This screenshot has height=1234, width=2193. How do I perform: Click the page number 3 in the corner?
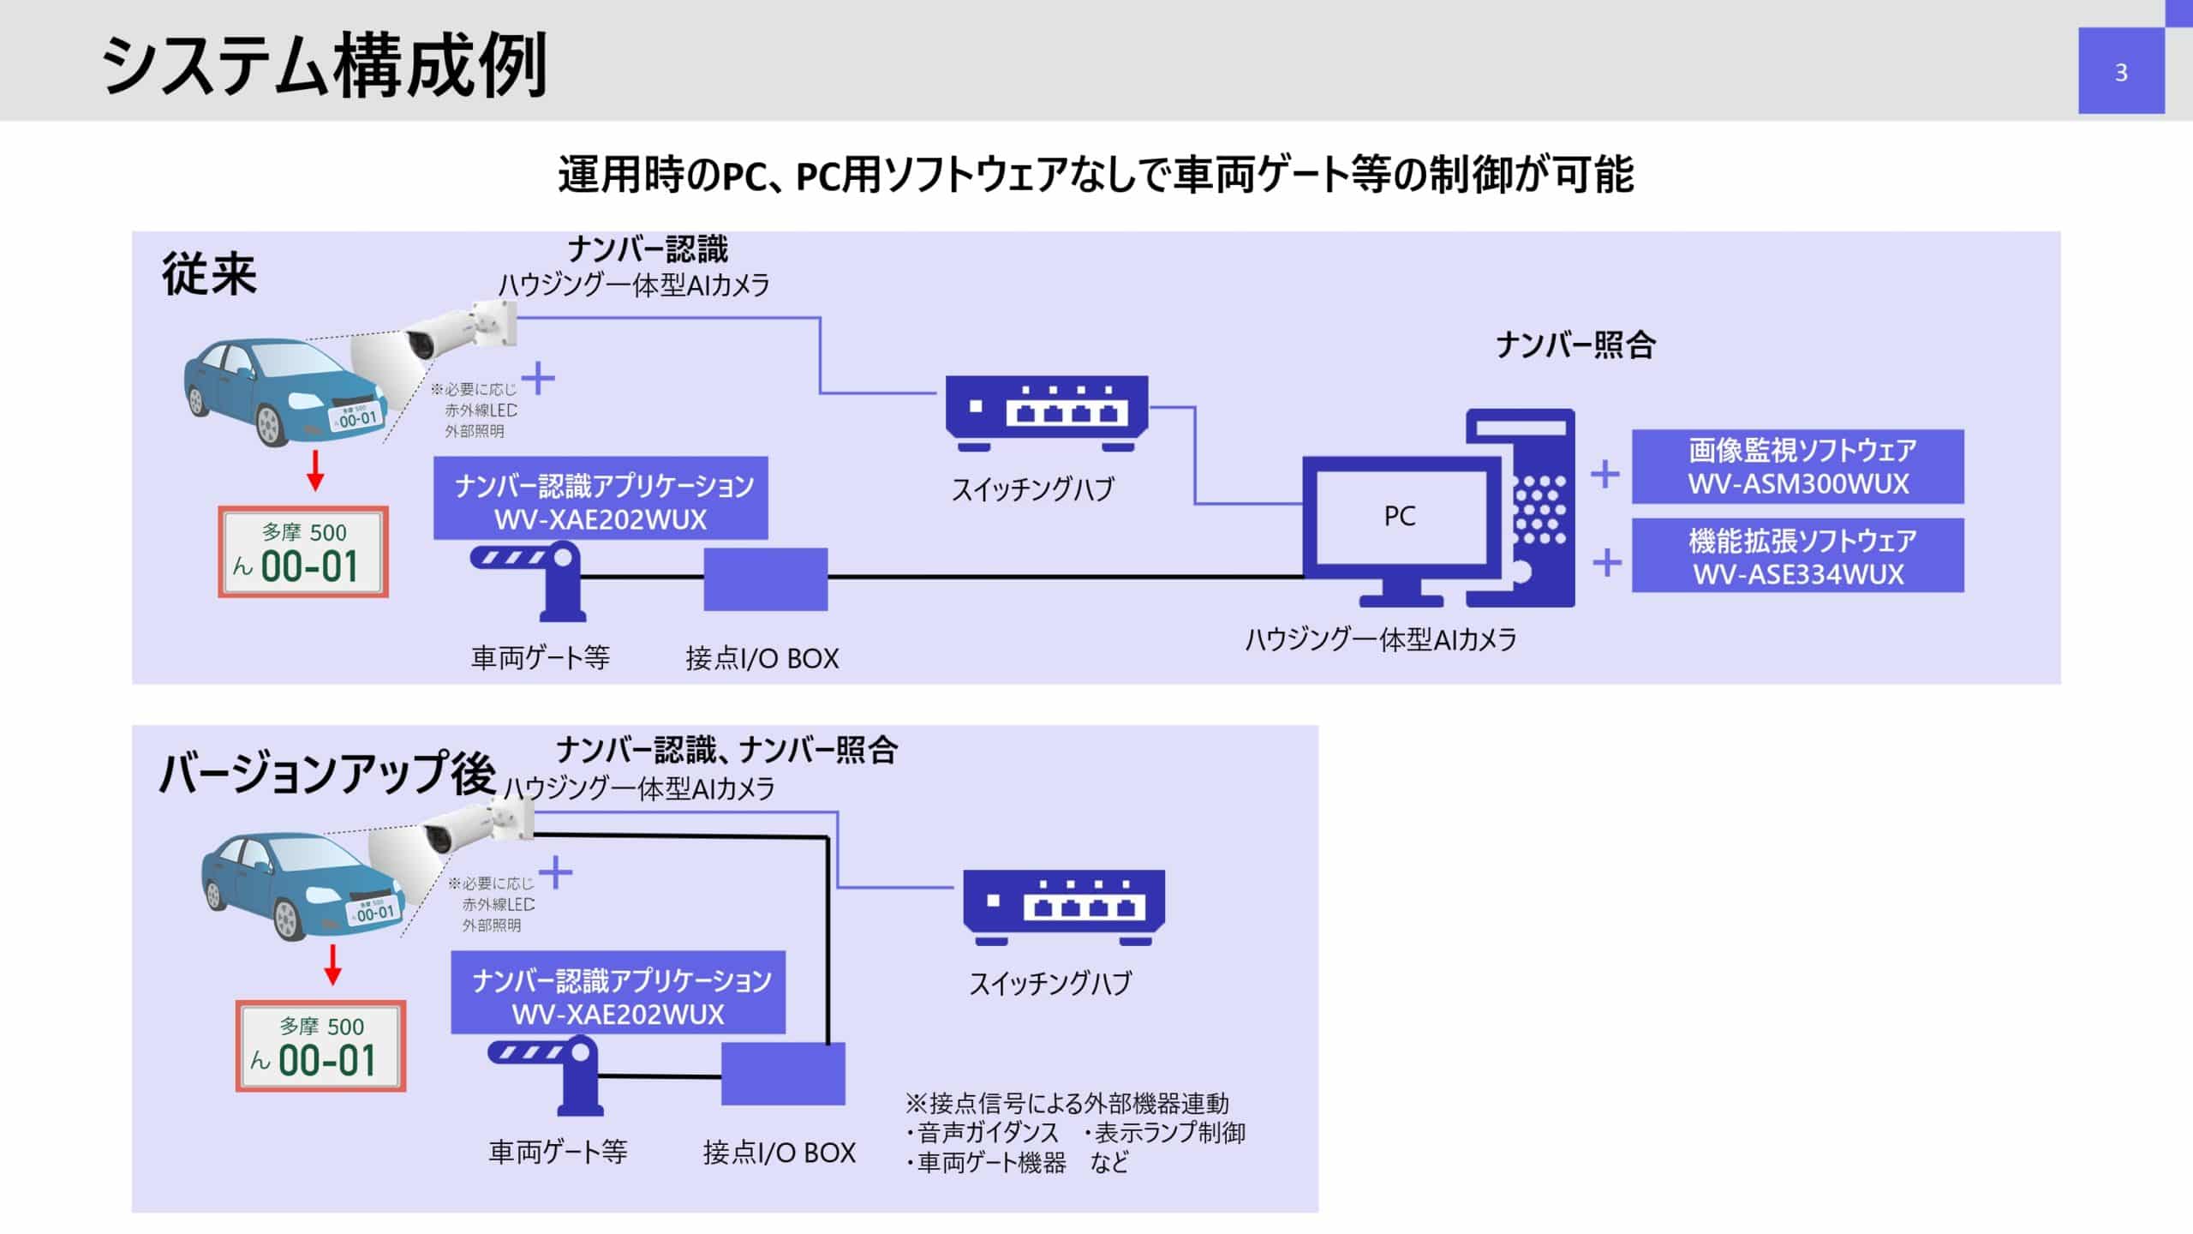(2120, 73)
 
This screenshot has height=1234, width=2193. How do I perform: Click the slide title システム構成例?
(324, 65)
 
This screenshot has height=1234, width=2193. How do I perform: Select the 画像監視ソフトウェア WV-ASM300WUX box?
(1797, 466)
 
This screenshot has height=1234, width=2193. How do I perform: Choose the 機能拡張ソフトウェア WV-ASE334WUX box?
(1797, 556)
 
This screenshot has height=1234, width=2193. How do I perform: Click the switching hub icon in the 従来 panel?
(1046, 413)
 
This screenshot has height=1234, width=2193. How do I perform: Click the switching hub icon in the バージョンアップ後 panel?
(1063, 907)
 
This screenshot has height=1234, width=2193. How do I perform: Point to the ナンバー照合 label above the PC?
(1575, 345)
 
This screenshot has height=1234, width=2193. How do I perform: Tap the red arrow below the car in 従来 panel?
(315, 470)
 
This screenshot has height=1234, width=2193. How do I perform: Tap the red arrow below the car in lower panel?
(332, 964)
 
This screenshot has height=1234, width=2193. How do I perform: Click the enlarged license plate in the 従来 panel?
(303, 552)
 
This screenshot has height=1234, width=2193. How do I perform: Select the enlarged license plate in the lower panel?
(320, 1045)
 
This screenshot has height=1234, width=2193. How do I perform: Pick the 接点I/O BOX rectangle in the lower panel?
(783, 1073)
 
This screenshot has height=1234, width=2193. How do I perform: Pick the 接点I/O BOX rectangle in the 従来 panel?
(765, 579)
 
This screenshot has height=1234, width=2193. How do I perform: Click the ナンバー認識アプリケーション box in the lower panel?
(618, 992)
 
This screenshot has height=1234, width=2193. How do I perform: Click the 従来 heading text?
(209, 275)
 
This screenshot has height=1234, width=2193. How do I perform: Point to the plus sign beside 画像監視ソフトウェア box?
(1604, 474)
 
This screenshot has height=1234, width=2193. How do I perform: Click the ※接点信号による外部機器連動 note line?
(1067, 1103)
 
